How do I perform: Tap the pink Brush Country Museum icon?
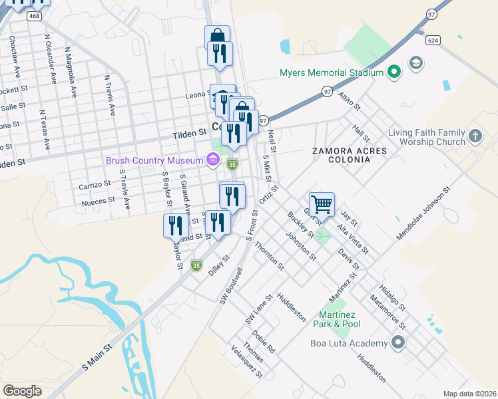[x=212, y=160]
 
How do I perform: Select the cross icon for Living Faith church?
[x=475, y=136]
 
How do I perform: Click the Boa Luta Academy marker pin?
[x=398, y=342]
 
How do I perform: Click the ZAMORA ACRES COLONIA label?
[x=349, y=156]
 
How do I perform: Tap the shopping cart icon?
[x=322, y=204]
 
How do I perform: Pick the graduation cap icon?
[x=417, y=63]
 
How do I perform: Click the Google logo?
[x=23, y=391]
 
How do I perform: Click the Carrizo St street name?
[x=94, y=184]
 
